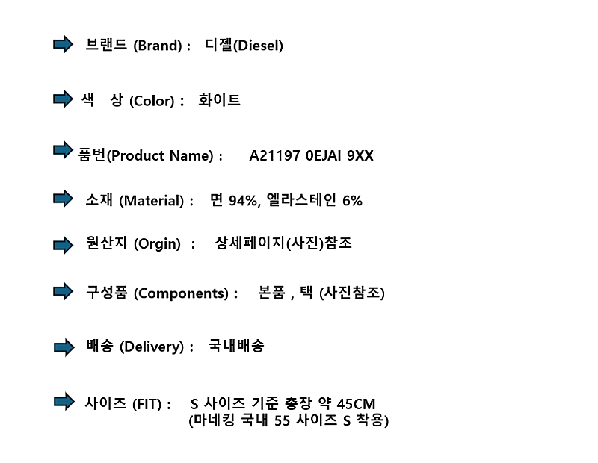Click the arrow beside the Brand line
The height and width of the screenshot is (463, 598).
[x=63, y=44]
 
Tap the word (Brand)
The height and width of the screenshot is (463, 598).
[x=158, y=46]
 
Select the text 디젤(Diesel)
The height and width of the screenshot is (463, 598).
[x=244, y=45]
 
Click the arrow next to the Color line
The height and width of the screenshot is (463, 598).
[x=63, y=99]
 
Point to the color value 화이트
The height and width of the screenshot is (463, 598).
[x=219, y=100]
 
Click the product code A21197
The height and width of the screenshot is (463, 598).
[x=274, y=155]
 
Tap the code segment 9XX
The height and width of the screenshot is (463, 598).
[x=360, y=155]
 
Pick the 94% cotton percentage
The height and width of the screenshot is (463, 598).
[x=242, y=201]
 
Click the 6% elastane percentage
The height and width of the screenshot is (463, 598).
[x=352, y=201]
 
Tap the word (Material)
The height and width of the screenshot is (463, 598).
[x=152, y=201]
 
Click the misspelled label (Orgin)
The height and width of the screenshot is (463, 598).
[x=157, y=244]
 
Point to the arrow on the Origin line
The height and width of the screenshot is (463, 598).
[x=64, y=245]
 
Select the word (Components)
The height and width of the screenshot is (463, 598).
[x=181, y=293]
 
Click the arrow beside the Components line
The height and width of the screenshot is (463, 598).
[x=63, y=291]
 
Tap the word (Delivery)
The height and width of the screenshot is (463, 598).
[x=152, y=347]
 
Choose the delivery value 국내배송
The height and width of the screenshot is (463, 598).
[x=236, y=346]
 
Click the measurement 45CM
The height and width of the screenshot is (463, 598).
[x=357, y=404]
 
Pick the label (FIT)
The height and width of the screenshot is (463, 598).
[x=147, y=404]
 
